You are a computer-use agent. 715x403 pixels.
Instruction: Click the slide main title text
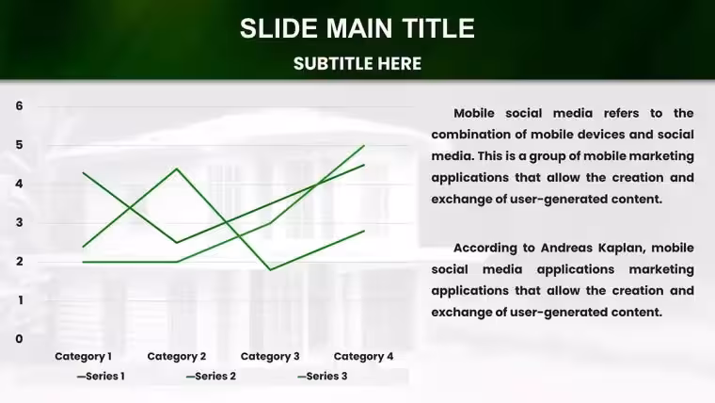(357, 28)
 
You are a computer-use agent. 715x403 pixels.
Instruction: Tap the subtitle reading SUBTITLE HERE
(357, 64)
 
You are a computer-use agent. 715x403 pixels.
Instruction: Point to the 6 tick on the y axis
(19, 105)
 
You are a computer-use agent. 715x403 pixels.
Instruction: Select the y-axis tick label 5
(19, 145)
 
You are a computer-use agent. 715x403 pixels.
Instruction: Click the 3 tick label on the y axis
(19, 222)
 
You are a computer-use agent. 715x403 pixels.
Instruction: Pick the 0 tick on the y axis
(19, 339)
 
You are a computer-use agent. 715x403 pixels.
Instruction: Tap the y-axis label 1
(20, 299)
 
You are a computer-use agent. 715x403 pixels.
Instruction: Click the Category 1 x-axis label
(83, 357)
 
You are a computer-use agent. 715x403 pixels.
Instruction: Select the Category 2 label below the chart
(177, 357)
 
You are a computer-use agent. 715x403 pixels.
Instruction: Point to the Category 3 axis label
(270, 357)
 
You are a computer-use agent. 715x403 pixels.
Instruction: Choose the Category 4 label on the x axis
(363, 357)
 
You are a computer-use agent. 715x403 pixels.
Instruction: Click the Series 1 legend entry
(101, 376)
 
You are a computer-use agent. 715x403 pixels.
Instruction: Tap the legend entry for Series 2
(211, 376)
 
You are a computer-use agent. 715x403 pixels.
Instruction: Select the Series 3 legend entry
(323, 376)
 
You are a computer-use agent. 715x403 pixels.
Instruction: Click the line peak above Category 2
(177, 169)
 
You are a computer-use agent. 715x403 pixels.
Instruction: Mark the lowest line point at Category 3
(270, 269)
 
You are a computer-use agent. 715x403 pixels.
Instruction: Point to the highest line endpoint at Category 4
(364, 145)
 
